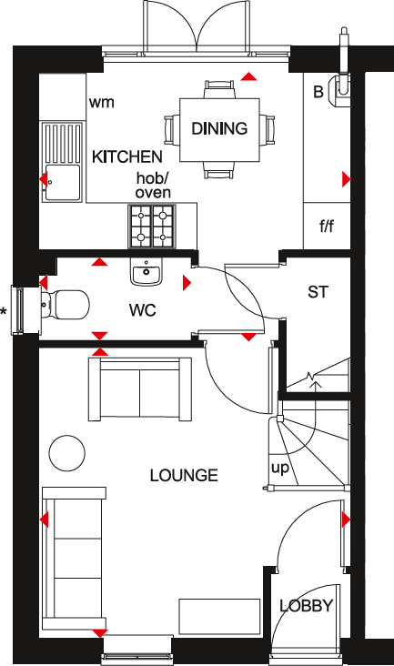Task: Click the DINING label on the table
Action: click(x=219, y=128)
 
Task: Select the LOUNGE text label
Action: click(x=184, y=475)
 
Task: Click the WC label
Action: click(x=143, y=310)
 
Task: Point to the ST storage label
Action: click(x=317, y=292)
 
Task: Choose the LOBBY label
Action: click(x=306, y=606)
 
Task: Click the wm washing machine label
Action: click(x=102, y=102)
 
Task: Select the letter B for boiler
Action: click(x=318, y=91)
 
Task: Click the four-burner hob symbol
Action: click(x=151, y=226)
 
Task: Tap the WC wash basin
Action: click(x=146, y=270)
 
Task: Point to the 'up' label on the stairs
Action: click(x=280, y=468)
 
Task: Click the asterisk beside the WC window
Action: click(x=5, y=312)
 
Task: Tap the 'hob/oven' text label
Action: click(x=153, y=186)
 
